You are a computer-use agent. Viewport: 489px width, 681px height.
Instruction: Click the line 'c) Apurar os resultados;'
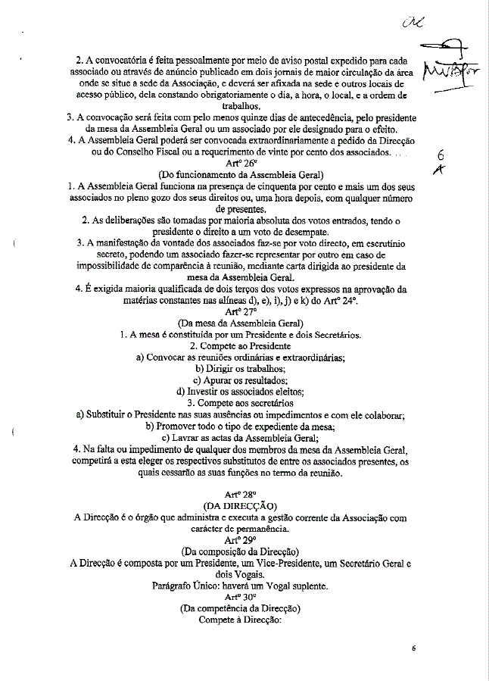(x=240, y=380)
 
